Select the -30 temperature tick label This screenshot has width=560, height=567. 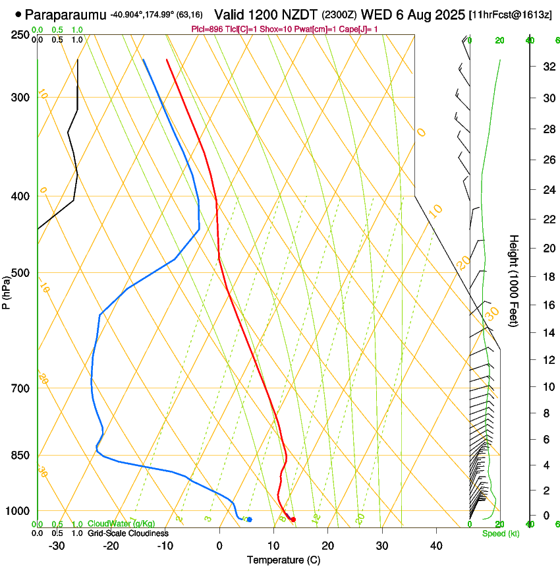click(57, 545)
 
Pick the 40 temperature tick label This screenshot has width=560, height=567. click(435, 545)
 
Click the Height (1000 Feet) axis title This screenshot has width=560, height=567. click(514, 281)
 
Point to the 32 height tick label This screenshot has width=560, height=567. click(547, 67)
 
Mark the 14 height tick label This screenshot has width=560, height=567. click(547, 333)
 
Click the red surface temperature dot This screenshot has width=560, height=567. click(293, 520)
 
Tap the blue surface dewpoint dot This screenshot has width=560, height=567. click(249, 520)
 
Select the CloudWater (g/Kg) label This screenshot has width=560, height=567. click(121, 523)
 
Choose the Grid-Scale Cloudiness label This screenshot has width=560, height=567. click(128, 533)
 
